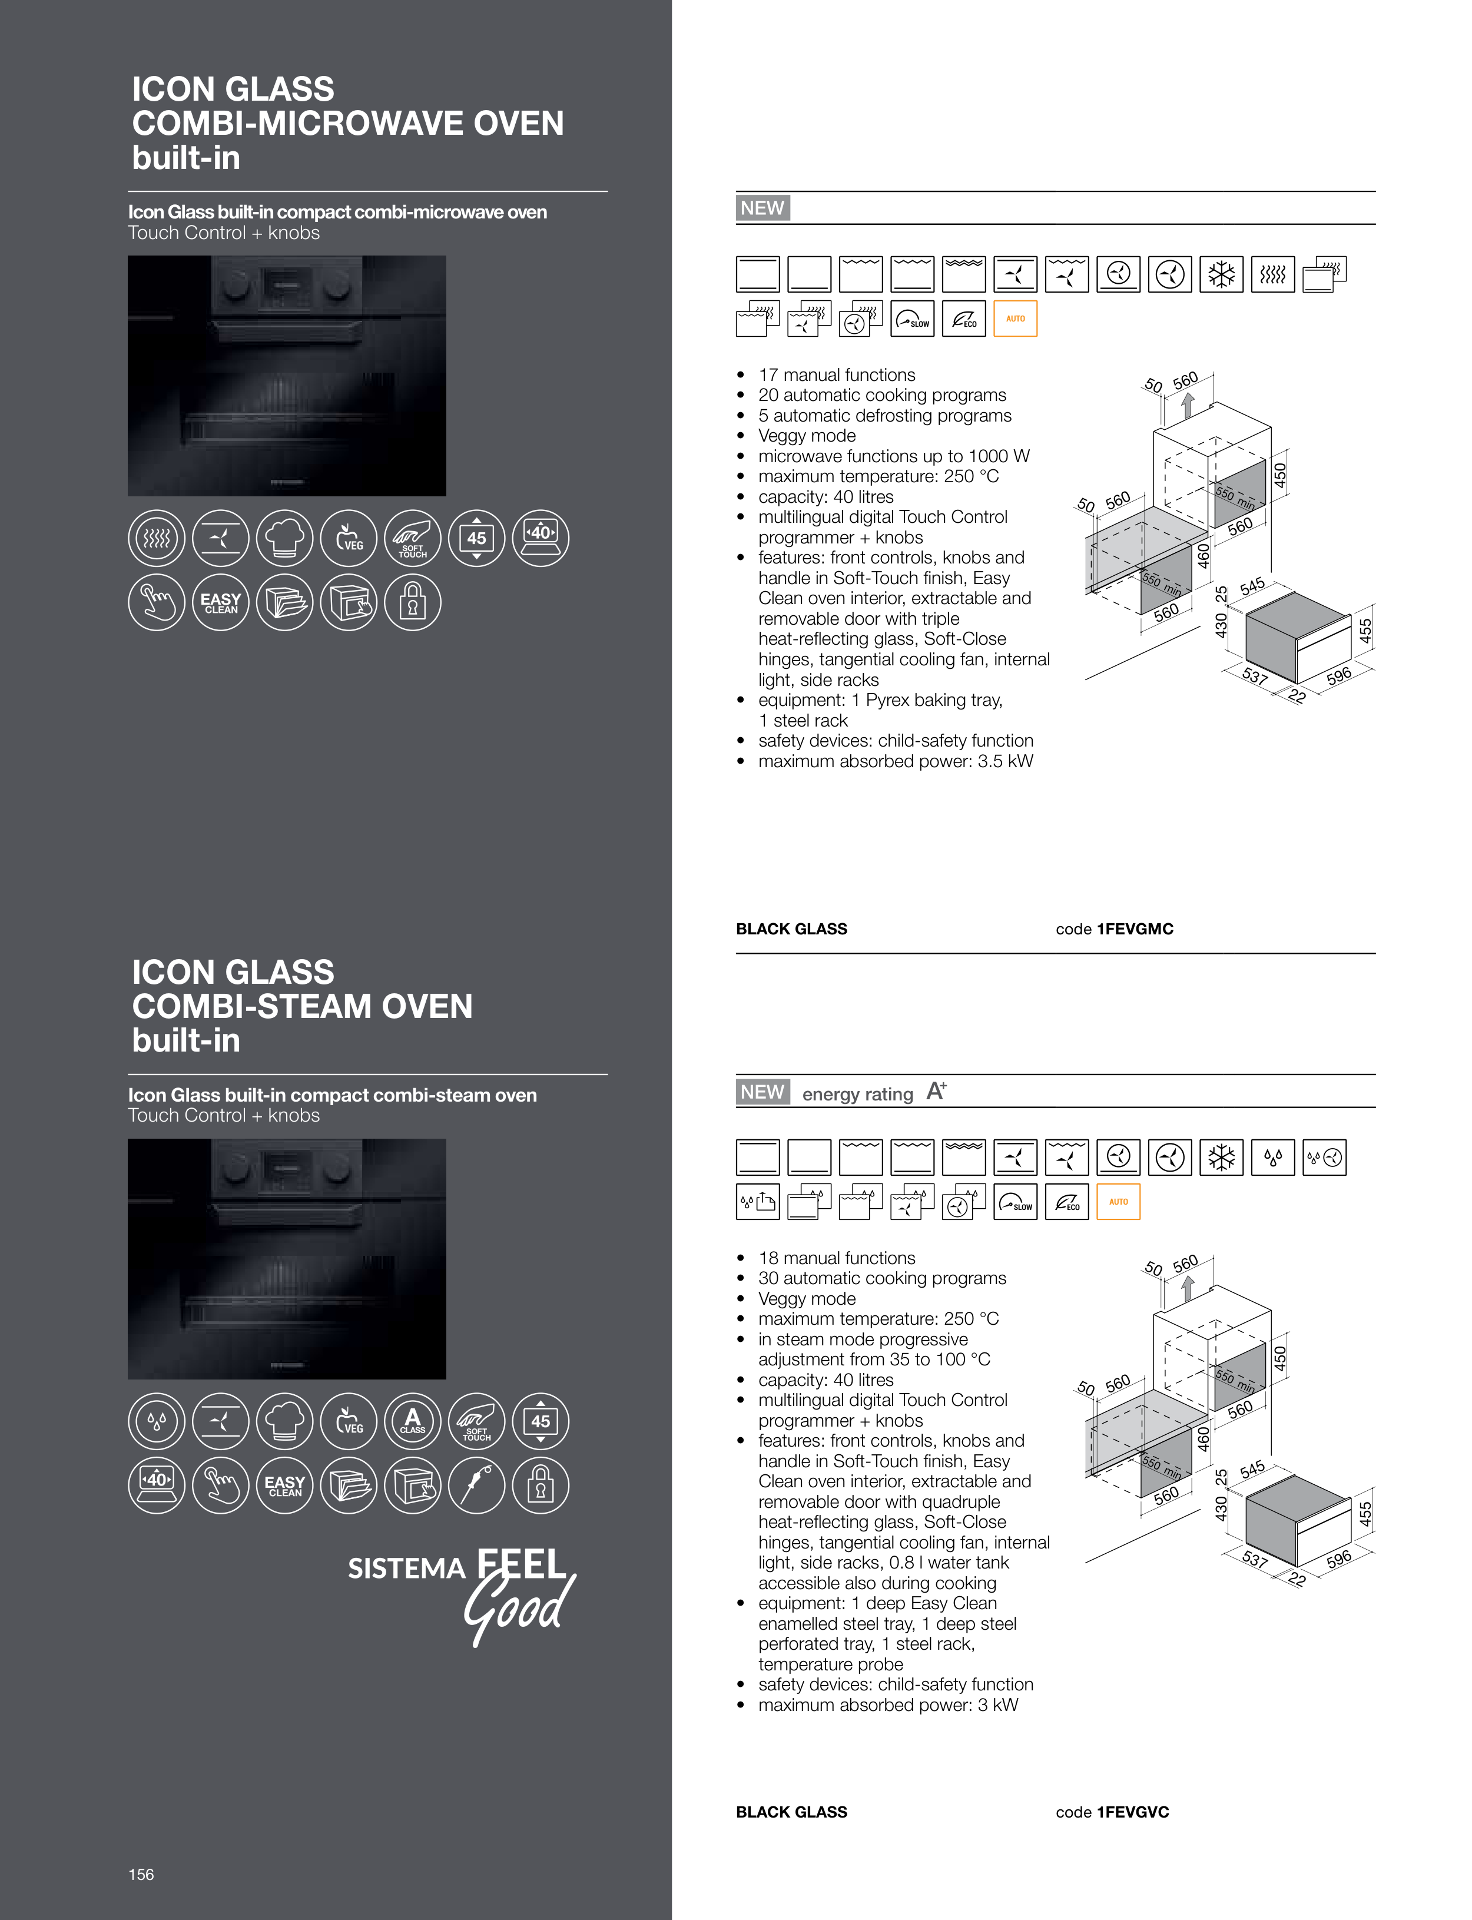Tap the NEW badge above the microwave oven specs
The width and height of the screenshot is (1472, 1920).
click(762, 208)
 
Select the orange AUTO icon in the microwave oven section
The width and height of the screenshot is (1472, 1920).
click(1016, 319)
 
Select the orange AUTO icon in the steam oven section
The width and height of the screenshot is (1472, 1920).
click(1119, 1202)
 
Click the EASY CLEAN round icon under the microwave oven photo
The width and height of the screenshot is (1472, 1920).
click(221, 603)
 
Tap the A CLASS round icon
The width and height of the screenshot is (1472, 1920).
click(413, 1421)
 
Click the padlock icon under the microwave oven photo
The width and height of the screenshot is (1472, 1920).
click(413, 603)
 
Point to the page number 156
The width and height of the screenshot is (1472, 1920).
click(141, 1875)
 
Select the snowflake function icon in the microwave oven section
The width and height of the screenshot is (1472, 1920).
click(1221, 275)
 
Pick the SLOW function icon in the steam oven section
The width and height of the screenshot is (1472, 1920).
click(1016, 1202)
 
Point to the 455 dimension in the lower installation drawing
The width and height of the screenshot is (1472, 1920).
click(1365, 1514)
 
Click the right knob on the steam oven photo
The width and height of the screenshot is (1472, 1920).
click(339, 1167)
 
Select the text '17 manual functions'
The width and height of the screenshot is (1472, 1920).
click(837, 375)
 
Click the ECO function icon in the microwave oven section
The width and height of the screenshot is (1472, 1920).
click(964, 319)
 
